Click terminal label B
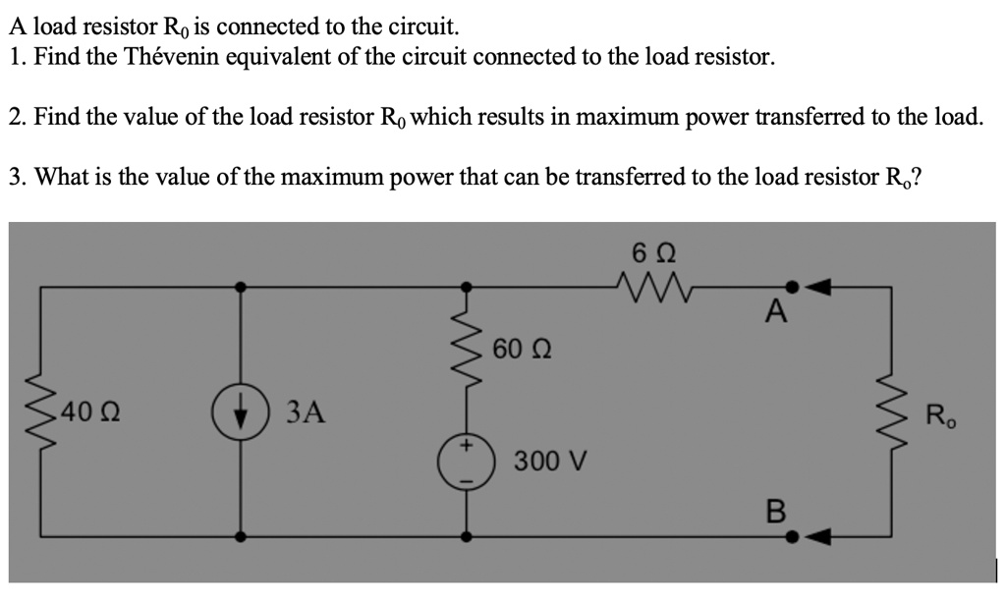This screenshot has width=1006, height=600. click(775, 512)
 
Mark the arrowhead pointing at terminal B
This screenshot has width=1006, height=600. click(821, 536)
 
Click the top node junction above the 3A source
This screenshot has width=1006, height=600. click(240, 288)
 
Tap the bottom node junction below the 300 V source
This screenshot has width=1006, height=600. click(466, 536)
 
